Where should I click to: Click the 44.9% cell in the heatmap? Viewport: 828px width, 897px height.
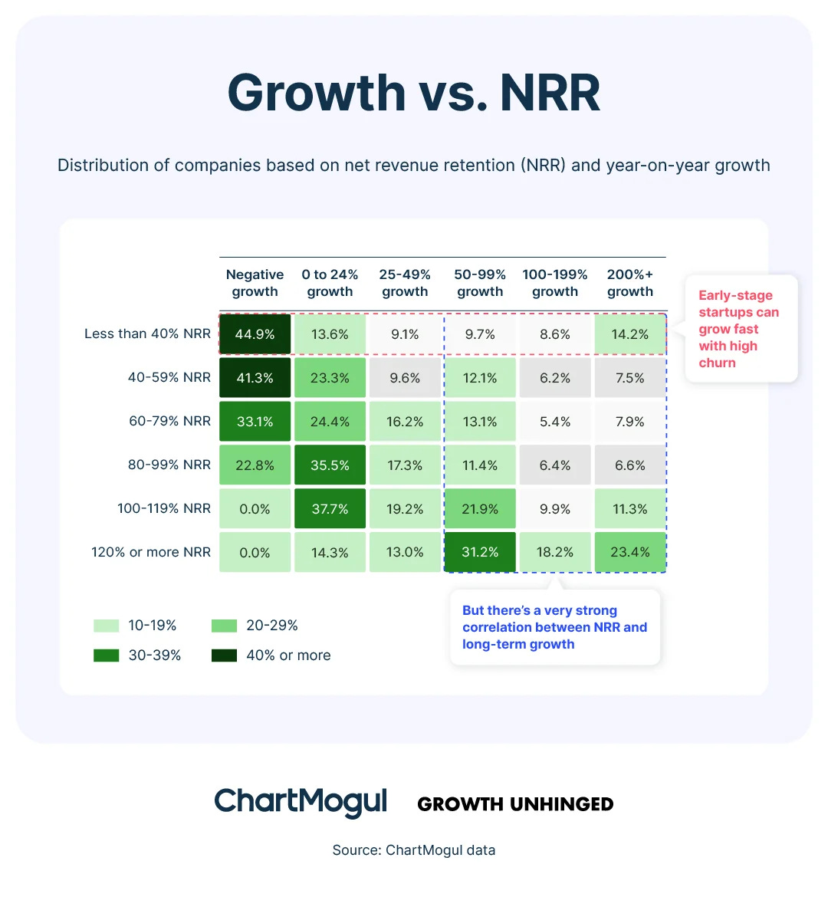[x=255, y=334]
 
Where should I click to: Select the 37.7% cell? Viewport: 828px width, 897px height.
[x=330, y=509]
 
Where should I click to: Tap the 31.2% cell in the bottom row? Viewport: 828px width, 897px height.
[x=480, y=552]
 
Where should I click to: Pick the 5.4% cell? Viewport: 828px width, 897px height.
[x=555, y=422]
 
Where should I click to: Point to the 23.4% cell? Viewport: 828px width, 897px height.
[x=630, y=552]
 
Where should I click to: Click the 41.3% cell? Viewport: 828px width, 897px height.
[x=255, y=378]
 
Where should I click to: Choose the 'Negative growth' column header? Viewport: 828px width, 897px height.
[x=255, y=283]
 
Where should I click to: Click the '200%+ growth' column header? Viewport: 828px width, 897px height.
[x=630, y=283]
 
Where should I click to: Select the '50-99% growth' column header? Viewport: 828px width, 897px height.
[x=480, y=283]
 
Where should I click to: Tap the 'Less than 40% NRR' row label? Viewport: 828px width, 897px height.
[x=147, y=333]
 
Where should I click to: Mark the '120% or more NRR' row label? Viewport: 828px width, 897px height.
[x=151, y=552]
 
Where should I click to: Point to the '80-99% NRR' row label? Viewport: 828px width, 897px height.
[x=169, y=465]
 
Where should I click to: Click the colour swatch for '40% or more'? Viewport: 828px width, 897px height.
[x=224, y=655]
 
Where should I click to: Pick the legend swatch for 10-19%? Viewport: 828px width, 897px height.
[x=107, y=626]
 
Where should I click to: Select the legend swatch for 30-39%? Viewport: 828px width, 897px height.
[x=107, y=655]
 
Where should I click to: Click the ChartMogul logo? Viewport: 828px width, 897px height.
[x=301, y=802]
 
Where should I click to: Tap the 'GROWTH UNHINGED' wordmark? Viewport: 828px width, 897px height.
[x=515, y=804]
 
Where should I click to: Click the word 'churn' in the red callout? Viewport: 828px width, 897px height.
[x=717, y=363]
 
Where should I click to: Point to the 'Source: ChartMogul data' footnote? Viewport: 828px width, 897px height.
[x=414, y=849]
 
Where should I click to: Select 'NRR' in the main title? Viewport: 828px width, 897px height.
[x=550, y=94]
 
